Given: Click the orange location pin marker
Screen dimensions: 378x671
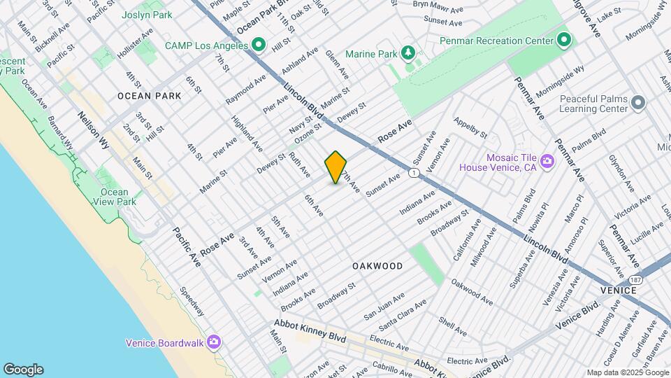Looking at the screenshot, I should (336, 167).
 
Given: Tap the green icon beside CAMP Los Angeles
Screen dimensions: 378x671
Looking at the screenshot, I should (259, 46).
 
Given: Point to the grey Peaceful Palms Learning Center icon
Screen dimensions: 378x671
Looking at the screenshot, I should (637, 104).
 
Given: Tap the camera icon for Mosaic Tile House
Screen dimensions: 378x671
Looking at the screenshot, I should (547, 162).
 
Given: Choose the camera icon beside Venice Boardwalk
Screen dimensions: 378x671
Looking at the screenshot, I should (214, 342).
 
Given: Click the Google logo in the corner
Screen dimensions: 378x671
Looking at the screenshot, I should (23, 370).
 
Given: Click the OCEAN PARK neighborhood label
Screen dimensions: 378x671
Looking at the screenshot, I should (145, 95).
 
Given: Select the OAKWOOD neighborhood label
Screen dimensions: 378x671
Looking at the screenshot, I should (377, 266).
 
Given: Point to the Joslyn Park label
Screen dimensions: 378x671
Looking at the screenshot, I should (147, 14).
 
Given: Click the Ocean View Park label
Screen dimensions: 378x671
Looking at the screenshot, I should (114, 197).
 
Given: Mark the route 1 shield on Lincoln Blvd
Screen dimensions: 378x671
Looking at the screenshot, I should (414, 173).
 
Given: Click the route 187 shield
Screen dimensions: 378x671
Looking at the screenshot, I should (642, 279).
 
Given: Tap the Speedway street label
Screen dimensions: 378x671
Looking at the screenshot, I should (191, 301).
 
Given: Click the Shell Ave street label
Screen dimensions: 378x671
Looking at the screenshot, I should (452, 326).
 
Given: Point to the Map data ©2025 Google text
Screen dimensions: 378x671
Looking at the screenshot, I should (627, 372).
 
